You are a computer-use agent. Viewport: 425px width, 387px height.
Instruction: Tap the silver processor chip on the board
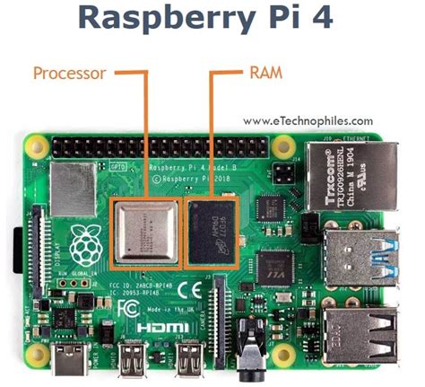(144, 231)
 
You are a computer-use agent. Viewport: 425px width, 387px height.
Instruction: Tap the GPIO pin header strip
(161, 146)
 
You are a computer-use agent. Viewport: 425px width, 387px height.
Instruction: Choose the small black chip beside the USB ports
(273, 263)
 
